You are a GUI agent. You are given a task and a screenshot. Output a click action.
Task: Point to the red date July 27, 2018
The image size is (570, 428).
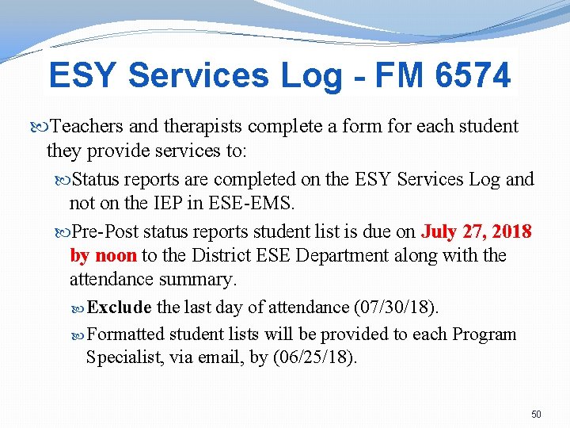click(x=477, y=232)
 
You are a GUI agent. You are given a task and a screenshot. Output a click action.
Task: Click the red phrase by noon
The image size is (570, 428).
click(x=103, y=256)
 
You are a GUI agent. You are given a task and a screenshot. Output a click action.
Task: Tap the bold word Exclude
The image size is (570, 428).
click(x=120, y=307)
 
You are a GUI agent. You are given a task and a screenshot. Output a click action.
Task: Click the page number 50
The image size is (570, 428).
click(x=536, y=415)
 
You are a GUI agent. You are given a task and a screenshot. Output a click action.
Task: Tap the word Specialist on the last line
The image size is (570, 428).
click(x=125, y=357)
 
